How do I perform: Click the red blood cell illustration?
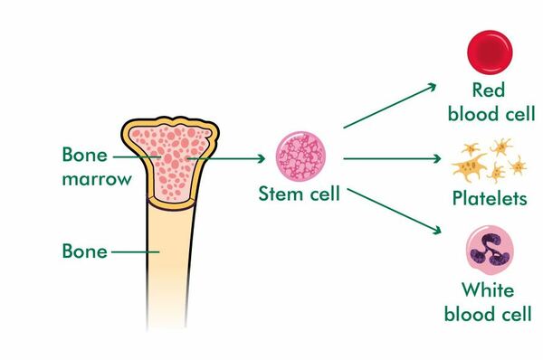pos(490,52)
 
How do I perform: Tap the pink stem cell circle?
pos(300,156)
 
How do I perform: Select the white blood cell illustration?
pos(490,250)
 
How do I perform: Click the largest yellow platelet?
pos(469,166)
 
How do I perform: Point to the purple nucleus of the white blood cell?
pos(489,250)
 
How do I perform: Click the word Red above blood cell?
pos(489,90)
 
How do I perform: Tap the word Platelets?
pos(490,198)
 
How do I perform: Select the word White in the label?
pos(488,290)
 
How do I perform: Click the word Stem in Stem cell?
pos(281,194)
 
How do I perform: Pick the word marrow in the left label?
pos(97,180)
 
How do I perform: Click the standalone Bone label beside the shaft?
pos(84,251)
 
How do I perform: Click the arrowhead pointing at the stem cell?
pos(261,159)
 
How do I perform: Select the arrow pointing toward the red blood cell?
pos(389,106)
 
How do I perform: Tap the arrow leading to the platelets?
pos(392,159)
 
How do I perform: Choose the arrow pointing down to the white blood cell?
pos(394,211)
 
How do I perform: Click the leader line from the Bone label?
pos(136,251)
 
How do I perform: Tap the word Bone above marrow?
pos(84,155)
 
